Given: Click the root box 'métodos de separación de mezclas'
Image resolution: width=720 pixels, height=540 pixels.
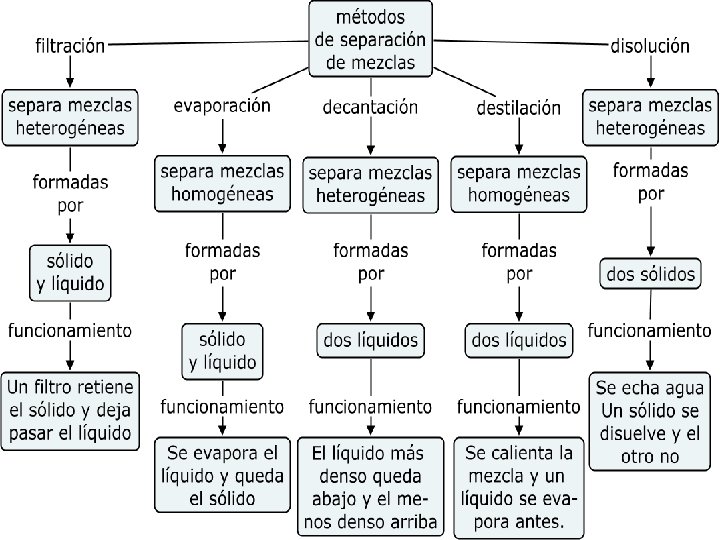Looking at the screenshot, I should pos(371,39).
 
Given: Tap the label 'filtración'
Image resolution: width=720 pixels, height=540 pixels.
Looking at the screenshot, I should pos(70,46).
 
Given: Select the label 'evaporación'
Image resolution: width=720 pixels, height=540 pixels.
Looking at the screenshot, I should pos(222,105).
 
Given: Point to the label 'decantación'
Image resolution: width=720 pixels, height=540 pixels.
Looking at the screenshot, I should pos(370,107).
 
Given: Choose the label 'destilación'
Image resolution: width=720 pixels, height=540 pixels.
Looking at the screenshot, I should pos(518,108).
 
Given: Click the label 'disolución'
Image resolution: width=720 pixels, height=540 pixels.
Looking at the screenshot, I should pos(650,45).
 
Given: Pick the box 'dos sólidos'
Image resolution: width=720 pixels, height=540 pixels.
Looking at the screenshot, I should pos(650,274).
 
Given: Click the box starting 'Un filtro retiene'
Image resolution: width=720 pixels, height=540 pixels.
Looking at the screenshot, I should pos(70,409).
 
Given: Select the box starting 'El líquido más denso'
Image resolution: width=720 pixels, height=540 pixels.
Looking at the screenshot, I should pos(370,485).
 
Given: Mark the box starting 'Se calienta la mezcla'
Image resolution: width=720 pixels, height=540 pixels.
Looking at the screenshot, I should pos(518,485).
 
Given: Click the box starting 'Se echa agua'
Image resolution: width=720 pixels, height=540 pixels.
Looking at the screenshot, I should pos(650,421).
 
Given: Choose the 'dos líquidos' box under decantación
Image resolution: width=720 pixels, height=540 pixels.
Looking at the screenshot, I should pos(370,340).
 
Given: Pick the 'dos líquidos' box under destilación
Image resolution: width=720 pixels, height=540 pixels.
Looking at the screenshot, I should pos(518,340).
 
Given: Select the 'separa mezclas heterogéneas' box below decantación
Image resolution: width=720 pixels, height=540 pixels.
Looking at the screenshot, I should pos(370,184).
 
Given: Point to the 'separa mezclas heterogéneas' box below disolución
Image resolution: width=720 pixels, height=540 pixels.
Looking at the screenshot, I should pos(650,115).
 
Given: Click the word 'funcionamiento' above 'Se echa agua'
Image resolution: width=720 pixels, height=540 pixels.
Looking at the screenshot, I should pos(650,330).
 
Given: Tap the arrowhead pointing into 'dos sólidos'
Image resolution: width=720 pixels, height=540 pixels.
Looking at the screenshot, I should pos(650,253).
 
